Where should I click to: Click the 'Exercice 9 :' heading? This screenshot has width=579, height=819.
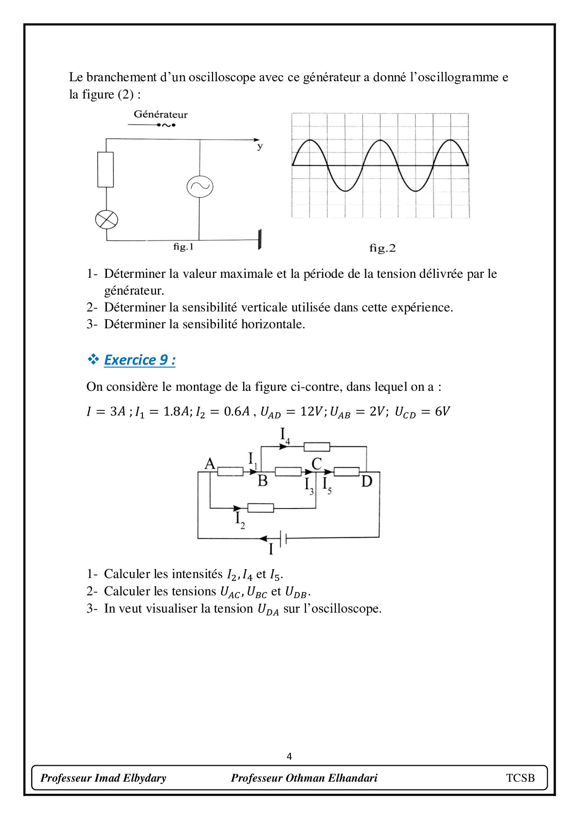(x=140, y=360)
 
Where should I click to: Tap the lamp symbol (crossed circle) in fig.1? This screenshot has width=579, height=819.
(x=106, y=219)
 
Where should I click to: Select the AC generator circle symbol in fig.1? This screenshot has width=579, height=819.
(x=200, y=186)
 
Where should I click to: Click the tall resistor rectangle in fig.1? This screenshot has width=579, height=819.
(x=106, y=169)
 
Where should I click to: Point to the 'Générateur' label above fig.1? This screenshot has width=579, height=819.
(x=161, y=114)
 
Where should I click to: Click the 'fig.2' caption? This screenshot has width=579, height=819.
(x=382, y=248)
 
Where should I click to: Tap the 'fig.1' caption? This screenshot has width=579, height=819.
(x=183, y=247)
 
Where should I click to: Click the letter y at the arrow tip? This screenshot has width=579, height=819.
(x=260, y=147)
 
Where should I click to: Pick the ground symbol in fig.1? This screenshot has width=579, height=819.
(x=260, y=239)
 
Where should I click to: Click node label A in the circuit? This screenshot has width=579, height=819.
(x=210, y=464)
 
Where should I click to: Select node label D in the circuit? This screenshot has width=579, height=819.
(x=367, y=481)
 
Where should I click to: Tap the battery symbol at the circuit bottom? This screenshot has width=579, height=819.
(x=283, y=538)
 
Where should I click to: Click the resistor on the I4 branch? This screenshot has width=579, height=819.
(x=317, y=447)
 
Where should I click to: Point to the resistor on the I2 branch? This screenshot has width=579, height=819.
(x=261, y=508)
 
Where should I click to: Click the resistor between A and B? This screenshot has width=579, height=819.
(x=230, y=472)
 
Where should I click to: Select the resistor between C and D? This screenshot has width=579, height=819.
(x=346, y=472)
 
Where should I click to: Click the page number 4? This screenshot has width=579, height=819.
(x=289, y=756)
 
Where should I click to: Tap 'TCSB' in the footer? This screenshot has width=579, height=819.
(x=520, y=778)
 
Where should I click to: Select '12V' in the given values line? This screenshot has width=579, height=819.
(x=311, y=411)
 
